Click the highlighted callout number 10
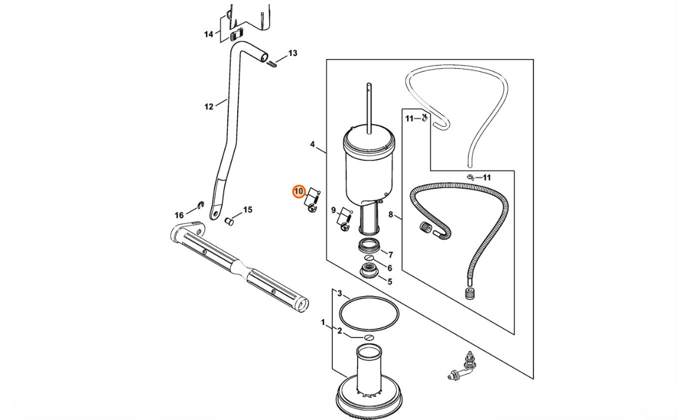299,191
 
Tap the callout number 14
209,34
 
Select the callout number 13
293,53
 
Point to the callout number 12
209,107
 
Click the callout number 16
179,215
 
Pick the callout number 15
247,210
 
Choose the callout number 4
312,145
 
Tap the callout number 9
333,211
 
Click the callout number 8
391,214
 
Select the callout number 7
391,255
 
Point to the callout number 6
389,268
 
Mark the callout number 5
389,282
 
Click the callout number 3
340,294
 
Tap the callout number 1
323,322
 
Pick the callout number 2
340,331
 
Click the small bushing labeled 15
230,222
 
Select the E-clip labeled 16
200,205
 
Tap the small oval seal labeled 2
368,337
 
